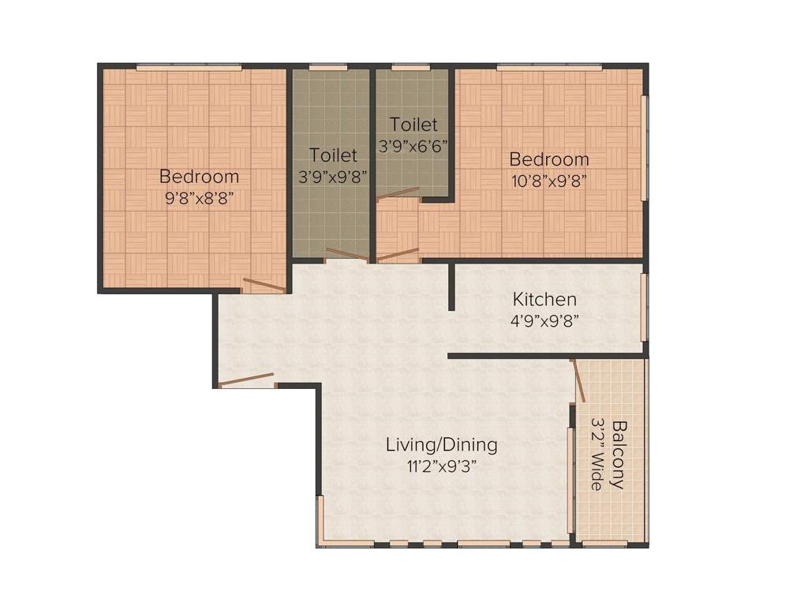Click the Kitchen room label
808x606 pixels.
[544, 300]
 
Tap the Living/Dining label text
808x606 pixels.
[441, 445]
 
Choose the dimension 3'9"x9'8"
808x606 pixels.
[333, 177]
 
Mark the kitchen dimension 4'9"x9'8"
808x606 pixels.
[544, 320]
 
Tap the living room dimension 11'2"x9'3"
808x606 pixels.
[441, 466]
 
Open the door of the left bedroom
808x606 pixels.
[264, 286]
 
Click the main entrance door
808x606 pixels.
[246, 380]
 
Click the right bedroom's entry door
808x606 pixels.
[398, 255]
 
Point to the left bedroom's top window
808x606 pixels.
[189, 67]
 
